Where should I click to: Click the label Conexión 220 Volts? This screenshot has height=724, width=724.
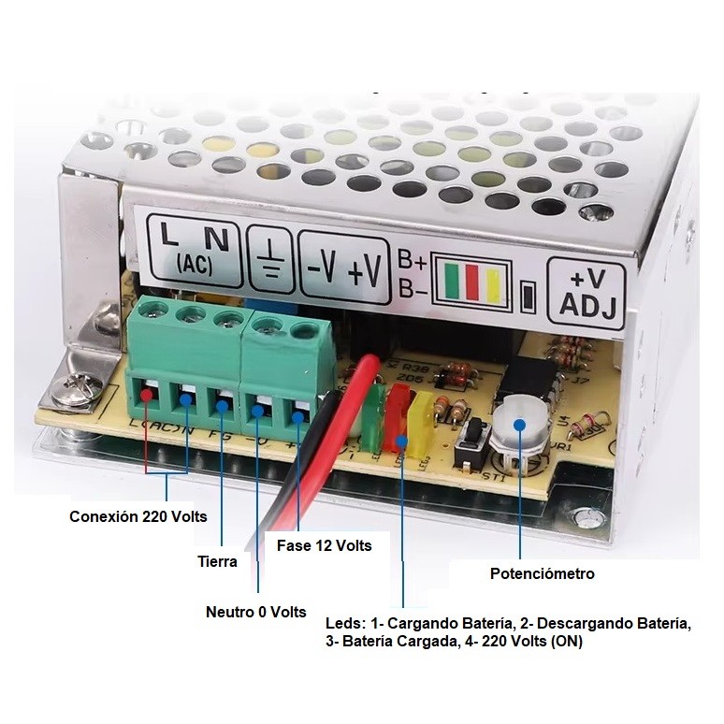click(138, 515)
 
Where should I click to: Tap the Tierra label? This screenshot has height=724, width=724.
click(217, 561)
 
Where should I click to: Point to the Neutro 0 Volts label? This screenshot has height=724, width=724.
click(255, 612)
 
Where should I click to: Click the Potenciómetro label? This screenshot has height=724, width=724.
click(543, 573)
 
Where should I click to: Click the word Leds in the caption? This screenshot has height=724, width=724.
click(341, 623)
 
